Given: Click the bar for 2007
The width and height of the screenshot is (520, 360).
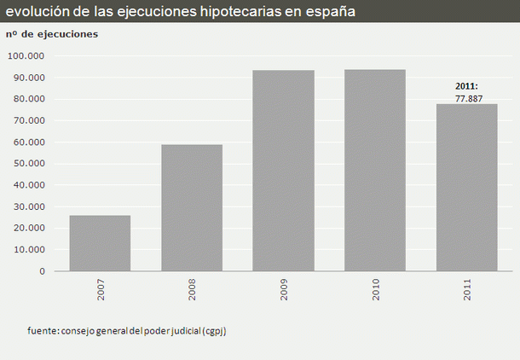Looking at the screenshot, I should coord(100,243).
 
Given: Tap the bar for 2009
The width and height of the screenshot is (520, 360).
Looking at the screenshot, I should coord(283,171).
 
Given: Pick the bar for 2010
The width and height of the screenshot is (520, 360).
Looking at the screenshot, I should coord(374,171).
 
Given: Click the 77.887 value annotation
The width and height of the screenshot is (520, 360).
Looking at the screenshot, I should coord(466,98).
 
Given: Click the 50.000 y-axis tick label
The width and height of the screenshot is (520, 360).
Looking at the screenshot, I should coord(29,164).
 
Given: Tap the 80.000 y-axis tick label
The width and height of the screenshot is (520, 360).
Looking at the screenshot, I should coord(29,99).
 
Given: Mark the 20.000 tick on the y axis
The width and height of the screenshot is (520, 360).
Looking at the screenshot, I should coord(29,228).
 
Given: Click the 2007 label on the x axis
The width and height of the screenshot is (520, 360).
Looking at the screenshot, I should coord(101,289).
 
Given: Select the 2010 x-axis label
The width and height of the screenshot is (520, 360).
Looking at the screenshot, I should coord(376,289).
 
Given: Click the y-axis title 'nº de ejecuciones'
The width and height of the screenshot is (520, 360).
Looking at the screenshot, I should coord(52,34).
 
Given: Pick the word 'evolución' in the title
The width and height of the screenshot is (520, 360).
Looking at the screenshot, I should coord(35,12).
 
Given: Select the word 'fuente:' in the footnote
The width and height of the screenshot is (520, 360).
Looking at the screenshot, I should coord(41,331).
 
